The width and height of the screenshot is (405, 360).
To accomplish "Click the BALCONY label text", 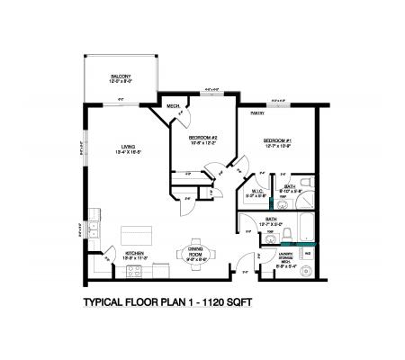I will tap(121, 76).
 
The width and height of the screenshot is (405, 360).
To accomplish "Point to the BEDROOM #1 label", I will tap(275, 141).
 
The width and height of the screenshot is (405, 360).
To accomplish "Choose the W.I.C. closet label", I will tap(256, 190).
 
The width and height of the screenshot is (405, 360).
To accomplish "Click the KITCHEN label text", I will tap(136, 253).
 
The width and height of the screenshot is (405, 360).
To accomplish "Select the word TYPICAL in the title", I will tap(109, 303).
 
